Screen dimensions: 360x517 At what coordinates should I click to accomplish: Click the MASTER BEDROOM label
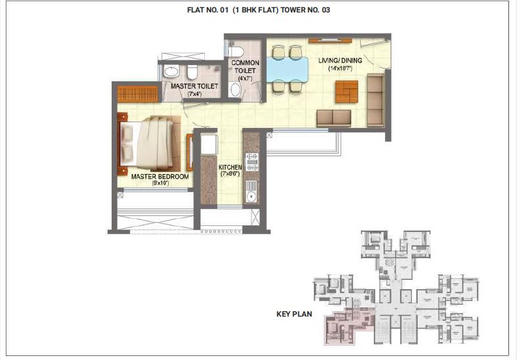160,177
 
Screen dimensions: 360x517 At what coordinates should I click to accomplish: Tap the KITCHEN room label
231,168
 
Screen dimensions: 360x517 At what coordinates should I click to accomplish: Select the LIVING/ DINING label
340,60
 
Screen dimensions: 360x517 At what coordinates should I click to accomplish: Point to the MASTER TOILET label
191,86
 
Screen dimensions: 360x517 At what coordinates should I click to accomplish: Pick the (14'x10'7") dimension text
340,68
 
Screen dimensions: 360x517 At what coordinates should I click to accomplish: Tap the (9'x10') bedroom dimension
160,184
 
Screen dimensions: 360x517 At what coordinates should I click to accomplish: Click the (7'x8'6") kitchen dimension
231,175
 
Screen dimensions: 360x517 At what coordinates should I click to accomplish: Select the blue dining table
286,68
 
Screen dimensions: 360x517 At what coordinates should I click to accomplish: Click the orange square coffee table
346,91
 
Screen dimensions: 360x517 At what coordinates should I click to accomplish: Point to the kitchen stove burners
251,162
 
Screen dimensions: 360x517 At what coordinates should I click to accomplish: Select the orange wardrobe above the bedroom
138,93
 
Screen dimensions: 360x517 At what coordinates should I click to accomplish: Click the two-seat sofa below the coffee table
334,118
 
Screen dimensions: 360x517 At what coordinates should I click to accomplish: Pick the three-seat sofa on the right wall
376,100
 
